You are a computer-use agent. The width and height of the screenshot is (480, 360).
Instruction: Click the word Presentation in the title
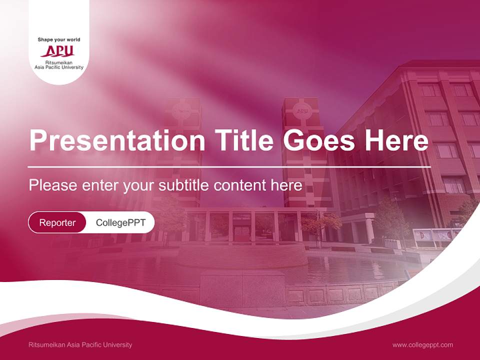(x=117, y=141)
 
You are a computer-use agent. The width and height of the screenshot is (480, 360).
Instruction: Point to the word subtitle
(x=185, y=185)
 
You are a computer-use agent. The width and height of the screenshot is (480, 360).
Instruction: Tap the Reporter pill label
(x=57, y=222)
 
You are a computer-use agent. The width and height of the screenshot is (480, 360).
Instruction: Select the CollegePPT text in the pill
(x=120, y=222)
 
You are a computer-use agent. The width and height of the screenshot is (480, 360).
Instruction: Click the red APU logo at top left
(x=58, y=51)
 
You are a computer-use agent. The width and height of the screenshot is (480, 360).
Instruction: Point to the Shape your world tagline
(x=59, y=39)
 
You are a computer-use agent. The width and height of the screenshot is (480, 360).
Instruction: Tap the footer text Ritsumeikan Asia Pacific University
(x=80, y=344)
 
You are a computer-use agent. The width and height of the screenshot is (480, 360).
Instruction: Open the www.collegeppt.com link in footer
(x=422, y=344)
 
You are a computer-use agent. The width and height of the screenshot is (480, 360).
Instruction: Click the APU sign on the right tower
(x=302, y=111)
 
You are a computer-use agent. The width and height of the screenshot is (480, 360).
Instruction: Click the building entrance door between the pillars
(x=242, y=232)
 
